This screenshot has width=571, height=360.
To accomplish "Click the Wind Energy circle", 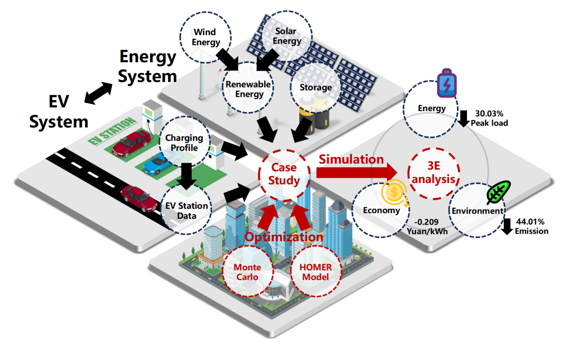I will coord(205,37).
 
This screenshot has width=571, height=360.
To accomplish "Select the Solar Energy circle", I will coord(286,36).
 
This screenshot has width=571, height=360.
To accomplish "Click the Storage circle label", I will coord(315,88).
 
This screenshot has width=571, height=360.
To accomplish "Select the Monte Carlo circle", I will coord(247,272).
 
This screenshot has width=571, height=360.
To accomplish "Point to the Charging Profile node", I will coord(184,143).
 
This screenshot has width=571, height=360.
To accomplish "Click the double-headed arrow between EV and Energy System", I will coord(99,93).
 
